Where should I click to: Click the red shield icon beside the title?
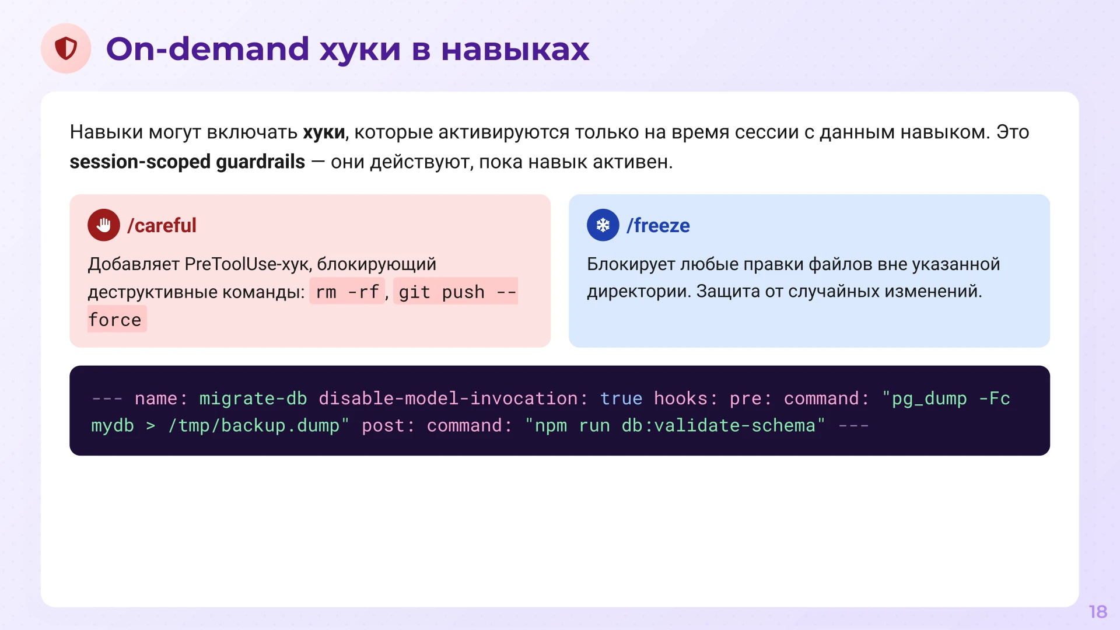point(66,48)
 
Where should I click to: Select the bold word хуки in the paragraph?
point(324,132)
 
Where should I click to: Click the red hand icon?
point(104,225)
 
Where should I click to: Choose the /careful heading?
point(162,225)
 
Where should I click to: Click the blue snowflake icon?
point(603,225)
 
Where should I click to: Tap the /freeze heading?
point(658,225)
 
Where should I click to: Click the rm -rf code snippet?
point(347,292)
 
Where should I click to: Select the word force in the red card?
point(116,320)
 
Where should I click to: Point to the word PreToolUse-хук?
point(248,264)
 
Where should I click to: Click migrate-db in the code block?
point(253,398)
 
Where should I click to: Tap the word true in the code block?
point(621,398)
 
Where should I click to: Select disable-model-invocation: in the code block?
point(453,398)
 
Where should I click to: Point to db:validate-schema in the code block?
point(718,426)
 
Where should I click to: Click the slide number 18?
point(1098,611)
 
